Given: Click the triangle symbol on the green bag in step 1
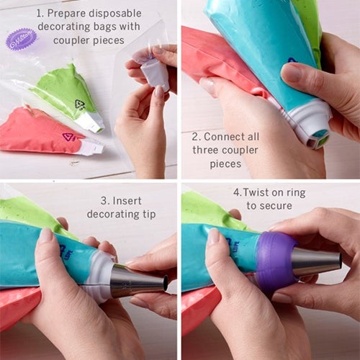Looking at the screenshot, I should [x=80, y=104].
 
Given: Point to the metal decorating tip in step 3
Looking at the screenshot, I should [x=137, y=280].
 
